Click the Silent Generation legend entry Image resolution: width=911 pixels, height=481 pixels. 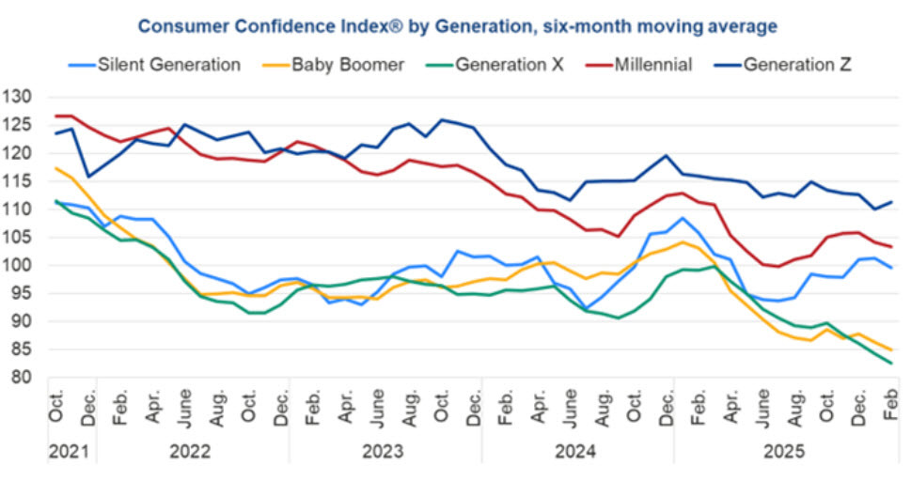[168, 65]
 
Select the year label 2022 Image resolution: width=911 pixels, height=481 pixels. [192, 452]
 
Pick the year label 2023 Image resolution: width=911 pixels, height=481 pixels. [385, 452]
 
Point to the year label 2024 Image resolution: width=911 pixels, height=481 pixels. [577, 452]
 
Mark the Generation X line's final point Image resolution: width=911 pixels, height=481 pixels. [891, 364]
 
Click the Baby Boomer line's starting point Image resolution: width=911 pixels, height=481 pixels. [56, 168]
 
